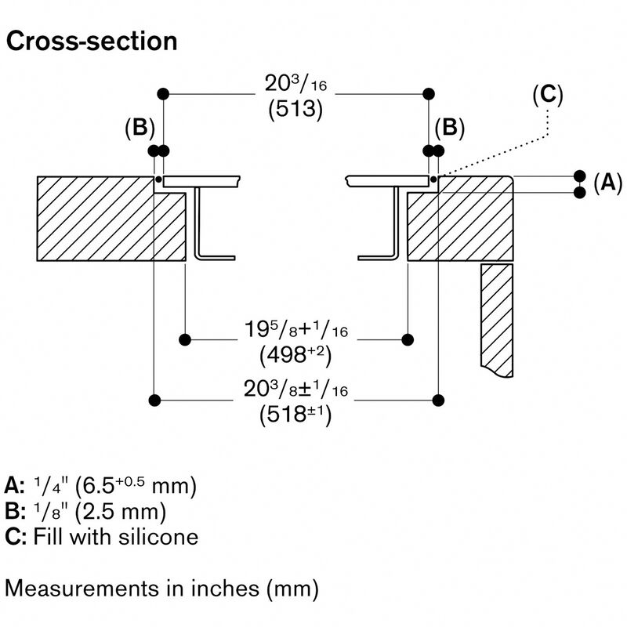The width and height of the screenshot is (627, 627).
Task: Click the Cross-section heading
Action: (91, 42)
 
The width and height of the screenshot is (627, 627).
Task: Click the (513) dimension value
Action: (296, 109)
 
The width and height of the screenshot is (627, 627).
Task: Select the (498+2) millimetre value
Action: (295, 355)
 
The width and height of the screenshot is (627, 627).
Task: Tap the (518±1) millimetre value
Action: (295, 415)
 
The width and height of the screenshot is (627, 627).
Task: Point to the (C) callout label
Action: (548, 95)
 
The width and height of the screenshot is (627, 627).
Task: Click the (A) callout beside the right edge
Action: (607, 183)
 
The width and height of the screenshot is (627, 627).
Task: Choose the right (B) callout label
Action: (450, 129)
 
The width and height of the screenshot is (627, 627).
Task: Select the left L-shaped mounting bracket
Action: (205, 227)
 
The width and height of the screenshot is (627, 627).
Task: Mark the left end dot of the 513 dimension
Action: (163, 94)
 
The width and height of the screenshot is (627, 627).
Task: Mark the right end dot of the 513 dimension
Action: (429, 94)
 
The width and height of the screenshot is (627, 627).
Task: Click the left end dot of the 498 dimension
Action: (185, 339)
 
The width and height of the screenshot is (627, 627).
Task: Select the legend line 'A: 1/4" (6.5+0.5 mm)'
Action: (100, 485)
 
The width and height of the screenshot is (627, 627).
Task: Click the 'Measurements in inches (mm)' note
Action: (162, 586)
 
